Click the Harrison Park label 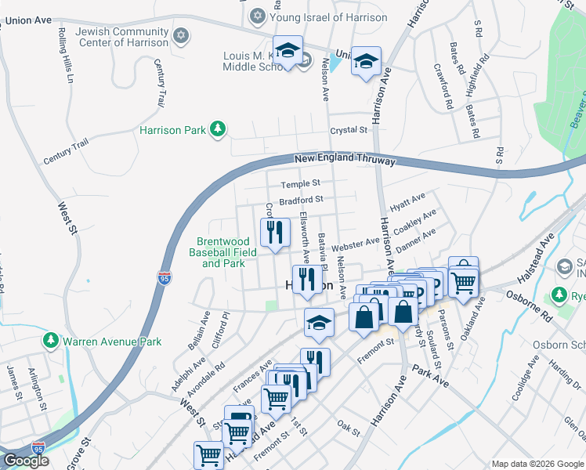coord(172,130)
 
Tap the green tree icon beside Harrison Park coord(219,129)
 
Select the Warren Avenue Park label coord(112,342)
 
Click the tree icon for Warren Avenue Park coord(50,341)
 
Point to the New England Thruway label coord(345,161)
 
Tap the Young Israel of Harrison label coord(328,17)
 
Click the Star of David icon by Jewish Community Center coord(182,36)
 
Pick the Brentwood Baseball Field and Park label coord(222,253)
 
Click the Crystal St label coord(349,130)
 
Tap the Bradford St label coord(302,201)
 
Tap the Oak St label coord(347,430)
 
